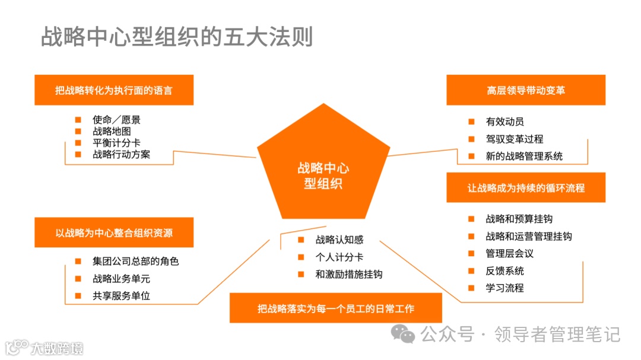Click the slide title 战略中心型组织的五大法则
(177, 37)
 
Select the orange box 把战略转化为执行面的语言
(114, 90)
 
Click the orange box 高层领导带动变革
(526, 90)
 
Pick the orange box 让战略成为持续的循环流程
(526, 188)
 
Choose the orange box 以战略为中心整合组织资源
(114, 232)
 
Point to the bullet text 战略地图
(112, 131)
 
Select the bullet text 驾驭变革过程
(515, 139)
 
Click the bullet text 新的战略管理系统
(524, 157)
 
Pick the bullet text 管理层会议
(510, 254)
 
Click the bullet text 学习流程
(505, 288)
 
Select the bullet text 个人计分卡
(339, 257)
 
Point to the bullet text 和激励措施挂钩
(349, 275)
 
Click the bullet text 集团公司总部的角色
(136, 261)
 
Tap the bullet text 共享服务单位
(122, 295)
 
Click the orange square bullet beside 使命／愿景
(78, 120)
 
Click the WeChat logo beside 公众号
(407, 334)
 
